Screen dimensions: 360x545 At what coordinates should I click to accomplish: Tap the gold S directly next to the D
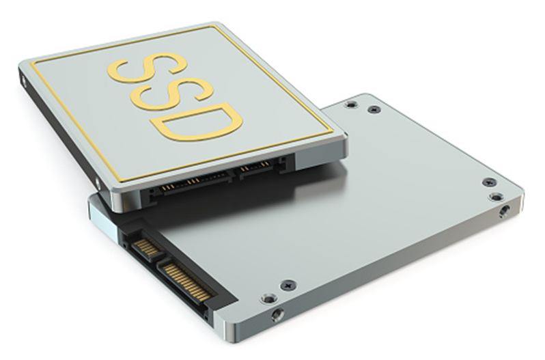(x=171, y=94)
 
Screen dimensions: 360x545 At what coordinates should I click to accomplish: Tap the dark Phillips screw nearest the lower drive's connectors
(x=288, y=284)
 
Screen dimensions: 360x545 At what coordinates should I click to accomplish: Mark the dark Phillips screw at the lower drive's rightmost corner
(x=489, y=182)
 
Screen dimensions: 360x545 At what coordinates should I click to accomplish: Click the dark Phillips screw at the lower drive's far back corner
(x=372, y=109)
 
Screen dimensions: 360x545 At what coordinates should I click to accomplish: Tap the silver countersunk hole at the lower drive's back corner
(x=350, y=105)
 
